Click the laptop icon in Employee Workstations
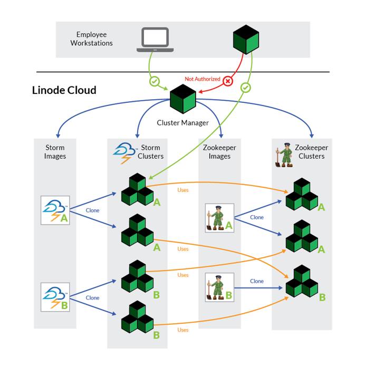click(x=155, y=40)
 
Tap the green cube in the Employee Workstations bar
click(x=246, y=40)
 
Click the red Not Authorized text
click(x=203, y=79)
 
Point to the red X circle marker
click(x=228, y=81)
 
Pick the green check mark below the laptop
click(x=154, y=82)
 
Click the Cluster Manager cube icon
click(x=183, y=98)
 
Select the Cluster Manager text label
click(x=183, y=123)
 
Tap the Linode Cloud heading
click(x=64, y=90)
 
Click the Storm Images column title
click(x=55, y=152)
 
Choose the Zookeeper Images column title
click(x=219, y=152)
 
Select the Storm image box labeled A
click(x=55, y=210)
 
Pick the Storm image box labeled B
click(x=55, y=297)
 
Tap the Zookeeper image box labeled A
click(x=219, y=218)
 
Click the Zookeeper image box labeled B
click(x=219, y=287)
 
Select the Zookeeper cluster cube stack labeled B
click(x=302, y=282)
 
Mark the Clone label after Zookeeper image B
click(x=257, y=281)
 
